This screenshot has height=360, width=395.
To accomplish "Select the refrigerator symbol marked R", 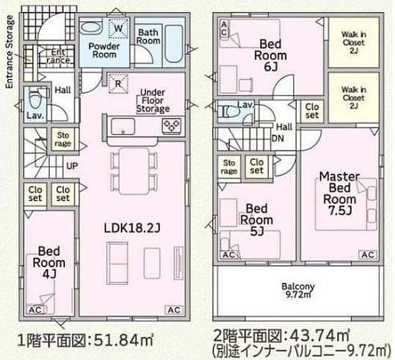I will coord(118,82).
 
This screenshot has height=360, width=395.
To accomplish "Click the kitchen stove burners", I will coord(171,125).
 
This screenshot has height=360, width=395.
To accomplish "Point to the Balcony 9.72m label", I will coord(298,290).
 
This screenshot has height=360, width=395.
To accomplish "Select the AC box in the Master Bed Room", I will coord(367,255).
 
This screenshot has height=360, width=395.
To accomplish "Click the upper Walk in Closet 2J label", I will coord(352,41).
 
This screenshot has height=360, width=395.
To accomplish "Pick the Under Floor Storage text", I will coord(152,99).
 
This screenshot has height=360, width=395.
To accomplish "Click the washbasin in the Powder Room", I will coord(92,29).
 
